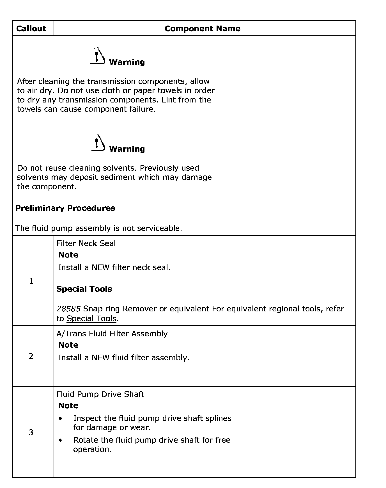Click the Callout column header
(31, 28)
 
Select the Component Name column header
(202, 28)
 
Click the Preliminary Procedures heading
(65, 208)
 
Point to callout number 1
(31, 281)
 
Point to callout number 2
(31, 356)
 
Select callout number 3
(31, 432)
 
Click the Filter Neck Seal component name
(86, 243)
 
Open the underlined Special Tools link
(91, 318)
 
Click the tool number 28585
(69, 309)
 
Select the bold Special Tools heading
(84, 289)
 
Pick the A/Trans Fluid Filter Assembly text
(112, 334)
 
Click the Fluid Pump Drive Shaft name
(100, 394)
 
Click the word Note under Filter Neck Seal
(68, 255)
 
